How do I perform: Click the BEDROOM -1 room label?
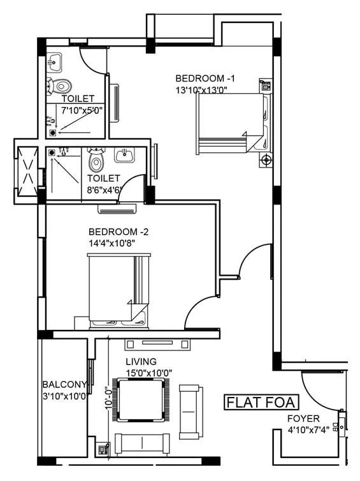click(x=205, y=78)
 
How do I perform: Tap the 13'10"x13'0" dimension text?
click(x=201, y=90)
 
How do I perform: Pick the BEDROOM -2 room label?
click(x=119, y=232)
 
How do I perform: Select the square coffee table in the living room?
click(x=143, y=400)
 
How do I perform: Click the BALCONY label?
click(x=64, y=385)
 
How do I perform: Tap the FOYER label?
click(x=303, y=419)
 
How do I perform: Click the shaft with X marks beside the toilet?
click(x=27, y=171)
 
